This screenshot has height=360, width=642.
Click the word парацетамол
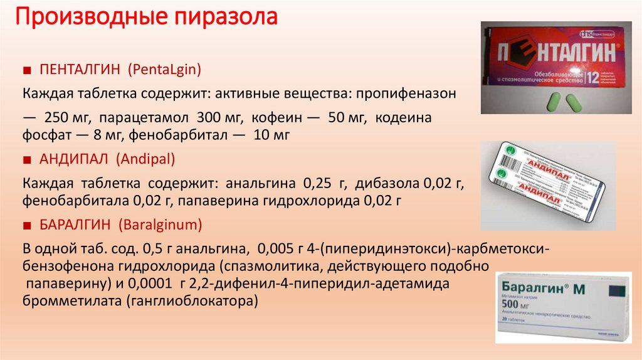pos(147,118)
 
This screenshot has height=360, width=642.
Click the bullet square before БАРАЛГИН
pos(27,225)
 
